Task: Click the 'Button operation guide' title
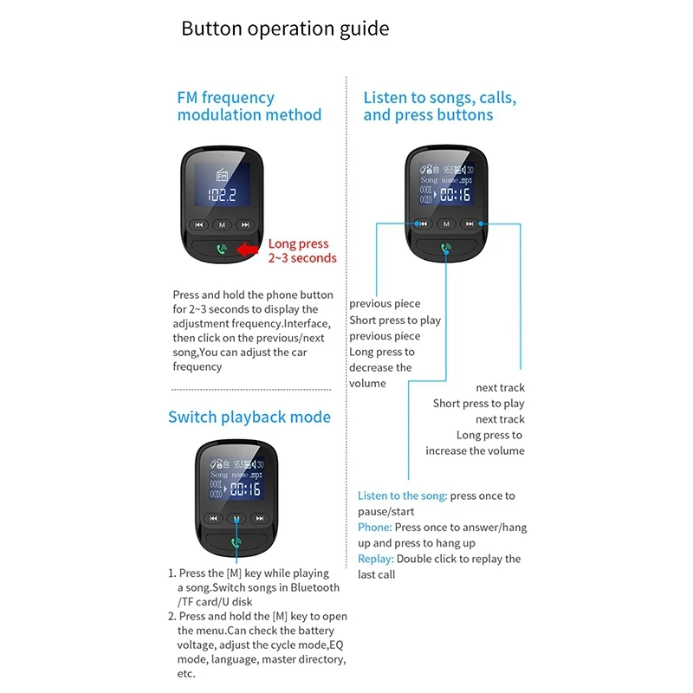tap(285, 29)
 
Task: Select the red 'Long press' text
tap(299, 244)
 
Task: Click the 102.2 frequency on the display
tap(222, 195)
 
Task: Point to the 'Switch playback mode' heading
tap(249, 418)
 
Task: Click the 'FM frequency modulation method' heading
tap(249, 107)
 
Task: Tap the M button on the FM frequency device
tap(223, 224)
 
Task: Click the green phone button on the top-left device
tap(222, 249)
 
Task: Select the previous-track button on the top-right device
tap(423, 223)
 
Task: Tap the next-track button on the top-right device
tap(470, 223)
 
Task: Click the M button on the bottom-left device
tap(236, 518)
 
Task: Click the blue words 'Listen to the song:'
tap(403, 496)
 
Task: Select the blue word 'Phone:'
tap(375, 528)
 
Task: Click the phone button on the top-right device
tap(446, 249)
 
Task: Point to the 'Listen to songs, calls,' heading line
tap(439, 98)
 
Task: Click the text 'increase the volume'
tap(475, 450)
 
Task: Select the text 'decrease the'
tap(380, 367)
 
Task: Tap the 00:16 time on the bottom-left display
tap(244, 490)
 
